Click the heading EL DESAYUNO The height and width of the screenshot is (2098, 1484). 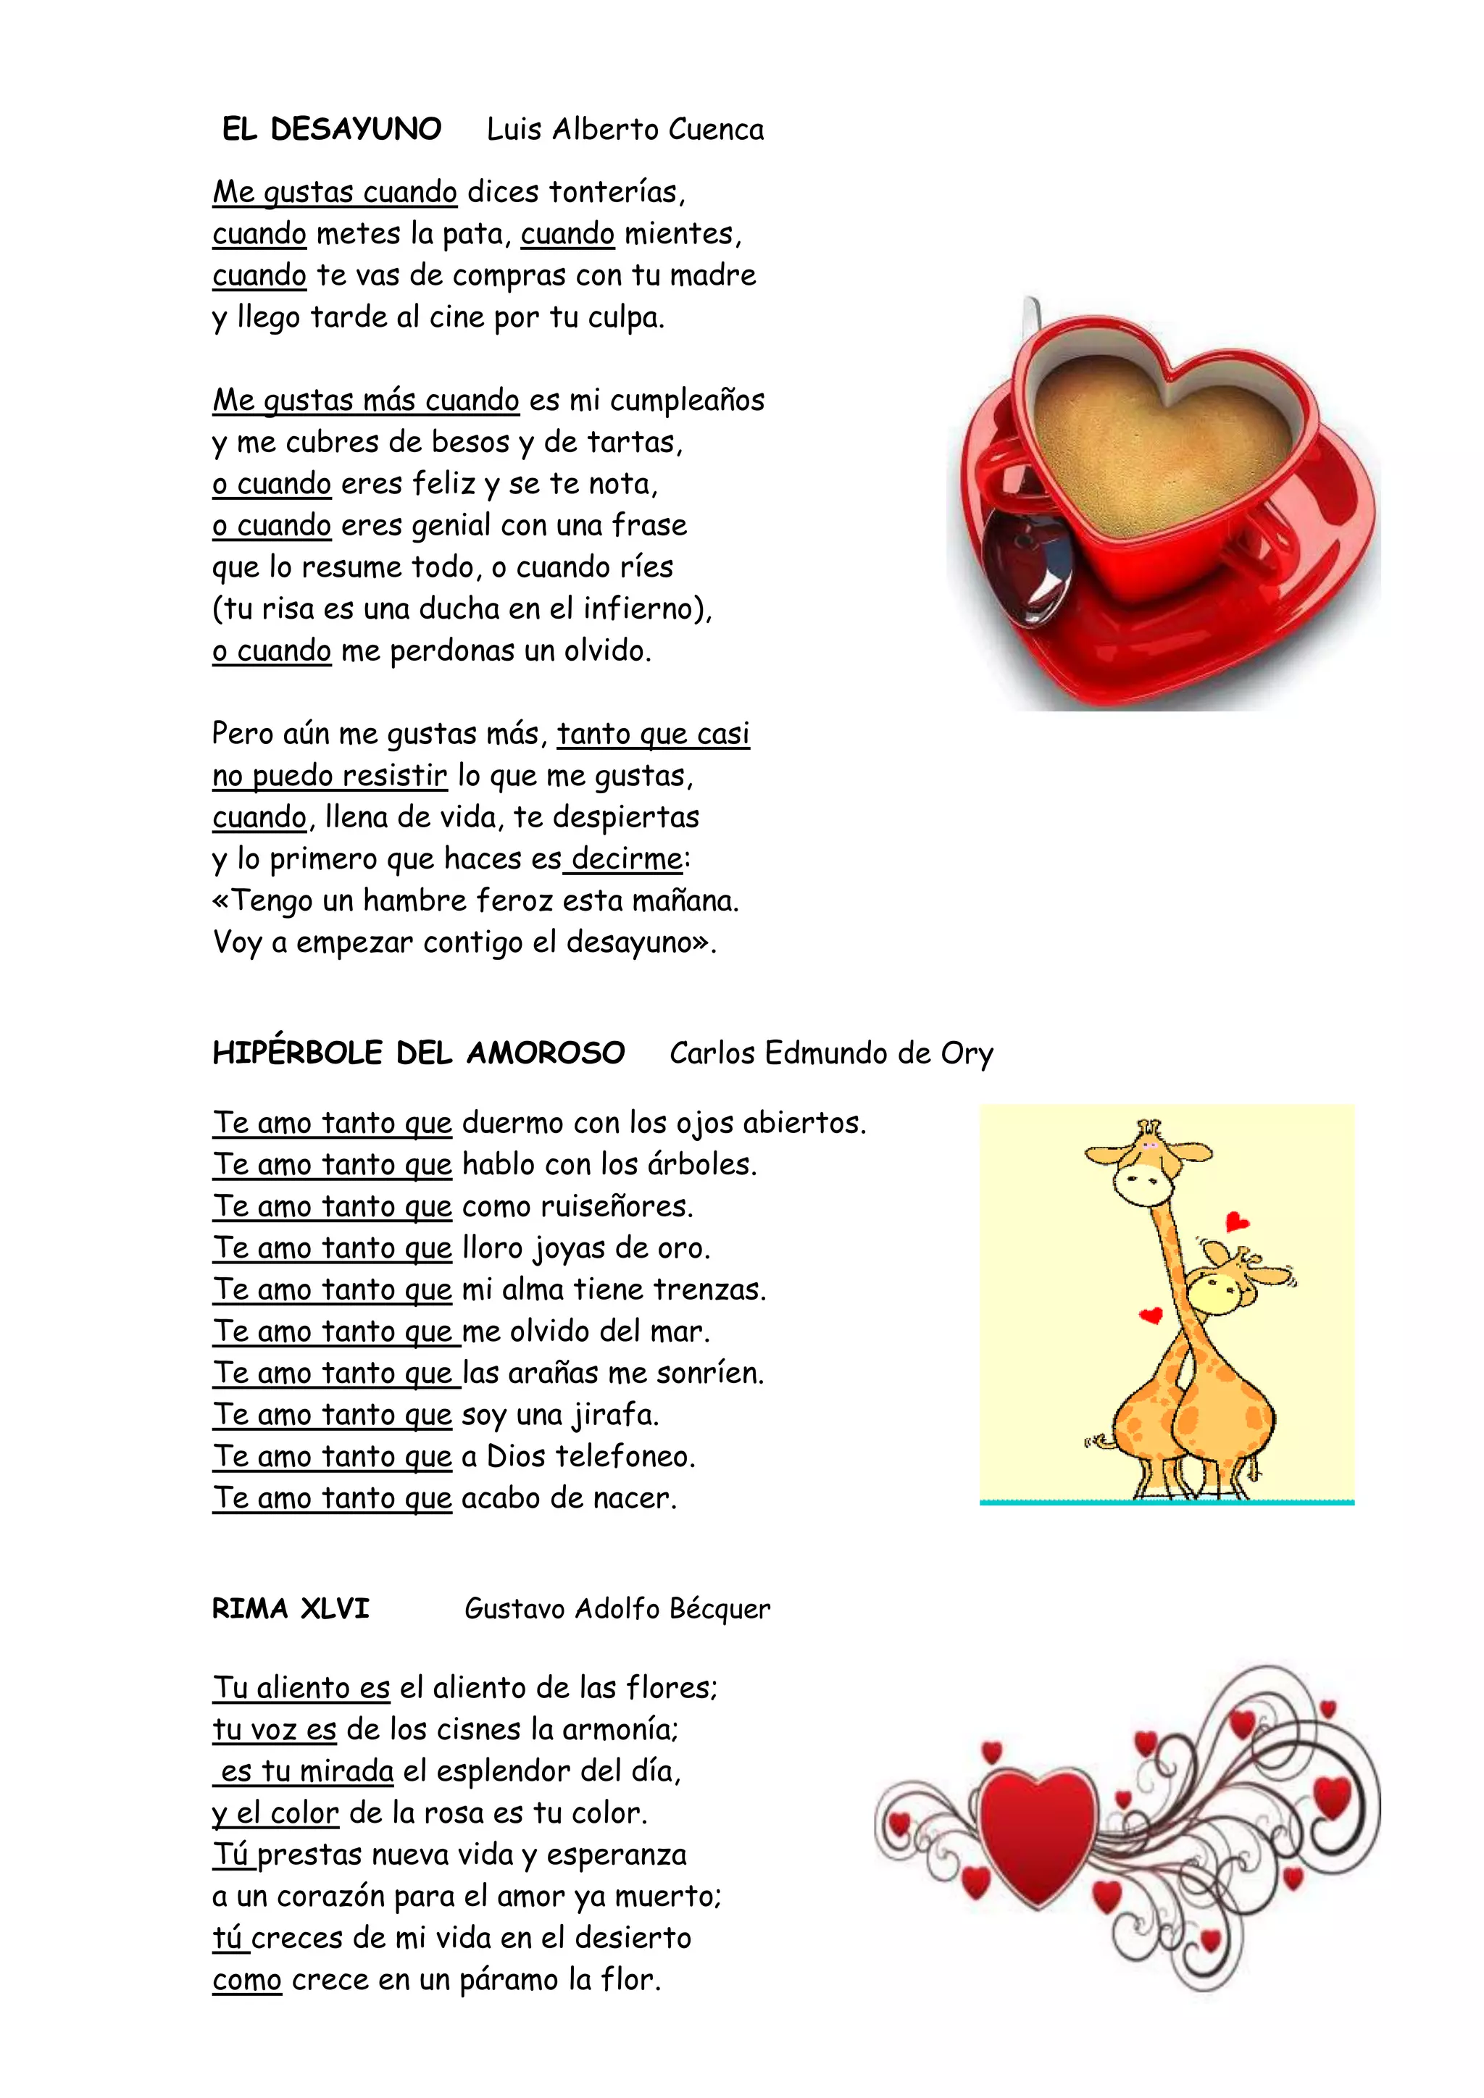[x=332, y=129]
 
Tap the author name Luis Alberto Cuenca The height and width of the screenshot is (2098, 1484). [x=625, y=129]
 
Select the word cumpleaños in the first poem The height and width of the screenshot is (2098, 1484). [x=687, y=400]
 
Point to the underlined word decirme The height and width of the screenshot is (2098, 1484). [x=627, y=859]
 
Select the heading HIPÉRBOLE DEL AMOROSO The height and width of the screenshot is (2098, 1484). [x=419, y=1053]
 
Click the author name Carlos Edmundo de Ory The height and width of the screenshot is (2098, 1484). [x=830, y=1053]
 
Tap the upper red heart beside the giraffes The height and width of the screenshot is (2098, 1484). [x=1236, y=1221]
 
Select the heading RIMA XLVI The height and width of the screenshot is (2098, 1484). [x=291, y=1608]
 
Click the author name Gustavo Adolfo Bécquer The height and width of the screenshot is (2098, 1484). [x=617, y=1608]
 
